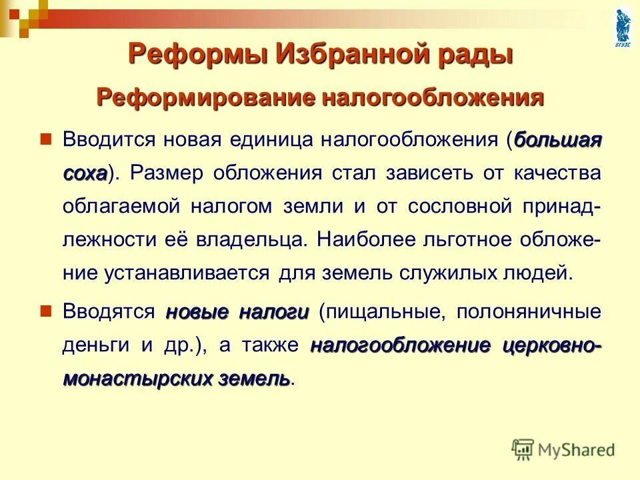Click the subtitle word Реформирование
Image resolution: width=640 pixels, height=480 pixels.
tap(205, 98)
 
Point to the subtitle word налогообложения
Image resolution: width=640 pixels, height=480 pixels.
tap(433, 98)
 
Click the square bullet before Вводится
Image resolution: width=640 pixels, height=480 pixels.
tap(46, 140)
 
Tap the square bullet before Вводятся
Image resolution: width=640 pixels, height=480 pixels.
tap(46, 311)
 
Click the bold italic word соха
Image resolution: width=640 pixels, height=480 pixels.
tap(85, 173)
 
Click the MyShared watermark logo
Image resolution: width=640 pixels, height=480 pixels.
tap(564, 449)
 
